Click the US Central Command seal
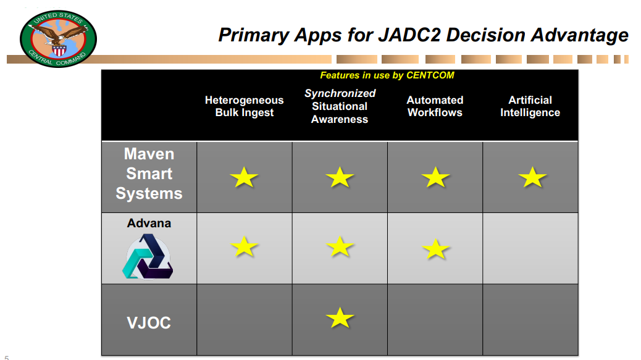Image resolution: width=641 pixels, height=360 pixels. click(58, 39)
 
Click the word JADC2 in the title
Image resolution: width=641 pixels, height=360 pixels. click(409, 35)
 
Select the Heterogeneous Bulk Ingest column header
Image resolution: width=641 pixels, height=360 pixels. click(244, 106)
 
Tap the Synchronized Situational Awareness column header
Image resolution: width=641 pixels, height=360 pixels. click(340, 106)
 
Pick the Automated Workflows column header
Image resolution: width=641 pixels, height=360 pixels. click(435, 106)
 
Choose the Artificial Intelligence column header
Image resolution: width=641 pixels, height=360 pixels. click(530, 106)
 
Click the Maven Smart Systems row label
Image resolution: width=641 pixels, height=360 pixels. click(149, 174)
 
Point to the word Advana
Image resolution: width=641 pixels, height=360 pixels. click(149, 223)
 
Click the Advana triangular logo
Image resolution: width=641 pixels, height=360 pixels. click(148, 257)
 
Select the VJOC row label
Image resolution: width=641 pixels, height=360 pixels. click(149, 323)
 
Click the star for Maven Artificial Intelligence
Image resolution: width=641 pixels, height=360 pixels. click(532, 177)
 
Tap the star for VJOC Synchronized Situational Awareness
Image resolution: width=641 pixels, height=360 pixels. click(340, 318)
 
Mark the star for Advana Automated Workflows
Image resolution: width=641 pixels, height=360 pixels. click(435, 249)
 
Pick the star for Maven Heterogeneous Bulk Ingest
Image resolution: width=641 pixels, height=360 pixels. click(244, 177)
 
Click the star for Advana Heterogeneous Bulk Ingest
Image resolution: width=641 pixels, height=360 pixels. click(244, 246)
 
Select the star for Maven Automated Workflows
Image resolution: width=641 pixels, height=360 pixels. click(435, 177)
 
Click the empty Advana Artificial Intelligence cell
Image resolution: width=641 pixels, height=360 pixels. click(530, 248)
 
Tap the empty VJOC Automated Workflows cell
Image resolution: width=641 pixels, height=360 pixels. click(435, 320)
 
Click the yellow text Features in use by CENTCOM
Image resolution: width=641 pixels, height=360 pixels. click(387, 75)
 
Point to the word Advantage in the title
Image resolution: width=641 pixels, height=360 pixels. click(580, 36)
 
